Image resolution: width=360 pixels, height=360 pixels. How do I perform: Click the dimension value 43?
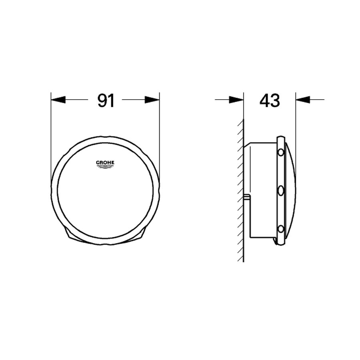[269, 101]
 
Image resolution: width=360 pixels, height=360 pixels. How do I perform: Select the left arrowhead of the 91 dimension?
[58, 100]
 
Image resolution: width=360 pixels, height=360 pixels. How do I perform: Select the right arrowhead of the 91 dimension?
[152, 100]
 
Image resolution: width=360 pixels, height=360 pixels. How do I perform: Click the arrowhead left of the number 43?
[236, 100]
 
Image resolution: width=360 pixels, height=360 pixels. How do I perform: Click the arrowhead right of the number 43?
[303, 100]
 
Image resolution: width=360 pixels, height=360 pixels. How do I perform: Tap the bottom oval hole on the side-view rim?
[281, 229]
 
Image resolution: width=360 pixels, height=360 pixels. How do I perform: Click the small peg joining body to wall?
[247, 197]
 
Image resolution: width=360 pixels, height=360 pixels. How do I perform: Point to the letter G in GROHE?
[96, 162]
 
